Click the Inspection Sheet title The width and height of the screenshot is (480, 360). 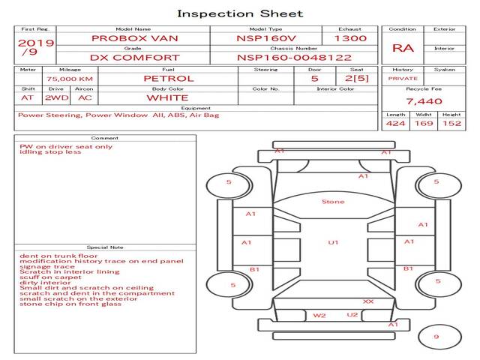click(240, 13)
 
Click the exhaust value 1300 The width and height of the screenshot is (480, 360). click(350, 38)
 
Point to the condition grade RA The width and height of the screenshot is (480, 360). click(403, 48)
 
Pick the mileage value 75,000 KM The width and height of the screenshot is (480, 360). click(70, 78)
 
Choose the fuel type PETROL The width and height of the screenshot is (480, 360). click(168, 78)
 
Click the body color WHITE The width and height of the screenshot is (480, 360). click(167, 97)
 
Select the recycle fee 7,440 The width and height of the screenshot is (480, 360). click(424, 100)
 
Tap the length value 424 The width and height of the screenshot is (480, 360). click(396, 124)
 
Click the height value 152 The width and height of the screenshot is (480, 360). click(451, 124)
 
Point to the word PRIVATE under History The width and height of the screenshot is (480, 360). click(403, 78)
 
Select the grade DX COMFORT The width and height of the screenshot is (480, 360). click(135, 57)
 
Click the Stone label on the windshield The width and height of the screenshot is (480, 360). click(333, 202)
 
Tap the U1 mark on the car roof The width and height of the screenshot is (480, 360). click(333, 242)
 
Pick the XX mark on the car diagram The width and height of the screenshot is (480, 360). click(368, 301)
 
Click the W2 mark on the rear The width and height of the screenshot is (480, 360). click(319, 316)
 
